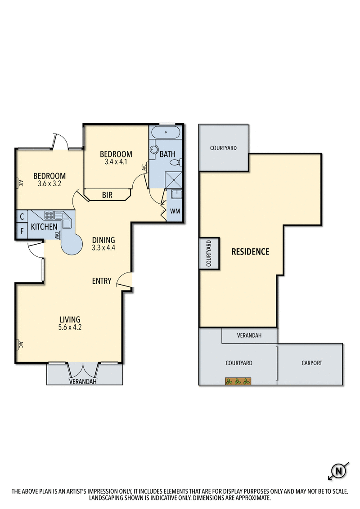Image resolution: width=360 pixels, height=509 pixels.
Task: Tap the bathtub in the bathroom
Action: click(x=166, y=133)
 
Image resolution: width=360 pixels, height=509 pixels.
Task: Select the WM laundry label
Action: click(x=175, y=210)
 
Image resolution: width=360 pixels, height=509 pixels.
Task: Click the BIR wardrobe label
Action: click(x=107, y=195)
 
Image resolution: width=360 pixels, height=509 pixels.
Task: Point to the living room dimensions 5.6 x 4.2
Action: click(x=71, y=327)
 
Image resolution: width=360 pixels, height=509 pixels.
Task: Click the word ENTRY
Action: click(x=102, y=281)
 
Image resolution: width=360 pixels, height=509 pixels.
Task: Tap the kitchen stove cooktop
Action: click(x=49, y=214)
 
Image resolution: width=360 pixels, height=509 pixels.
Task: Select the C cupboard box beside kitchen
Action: click(x=22, y=217)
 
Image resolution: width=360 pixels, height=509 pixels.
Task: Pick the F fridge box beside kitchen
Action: click(x=22, y=232)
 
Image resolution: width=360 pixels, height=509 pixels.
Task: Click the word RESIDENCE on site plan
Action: click(x=250, y=252)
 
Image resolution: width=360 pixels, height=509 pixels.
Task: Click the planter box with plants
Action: click(x=238, y=381)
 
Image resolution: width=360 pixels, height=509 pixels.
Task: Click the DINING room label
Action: click(x=103, y=240)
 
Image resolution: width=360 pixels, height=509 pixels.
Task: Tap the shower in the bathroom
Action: click(x=173, y=180)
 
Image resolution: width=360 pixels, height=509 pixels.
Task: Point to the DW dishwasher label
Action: click(x=57, y=235)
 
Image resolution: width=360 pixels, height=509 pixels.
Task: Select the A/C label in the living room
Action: click(x=20, y=345)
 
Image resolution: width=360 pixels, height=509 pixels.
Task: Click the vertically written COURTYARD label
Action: click(x=209, y=254)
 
